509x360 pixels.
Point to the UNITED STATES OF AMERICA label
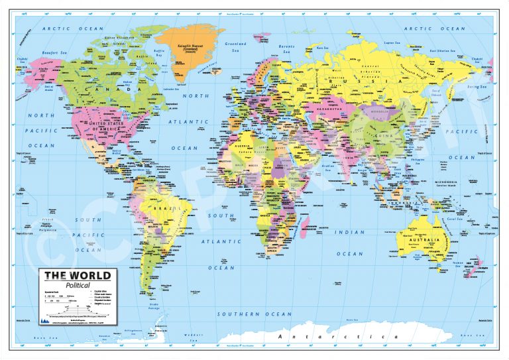pyautogui.click(x=106, y=126)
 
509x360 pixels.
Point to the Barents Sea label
pyautogui.click(x=286, y=48)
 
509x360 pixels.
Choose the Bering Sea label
pyautogui.click(x=476, y=86)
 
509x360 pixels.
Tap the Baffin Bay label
pyautogui.click(x=159, y=50)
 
